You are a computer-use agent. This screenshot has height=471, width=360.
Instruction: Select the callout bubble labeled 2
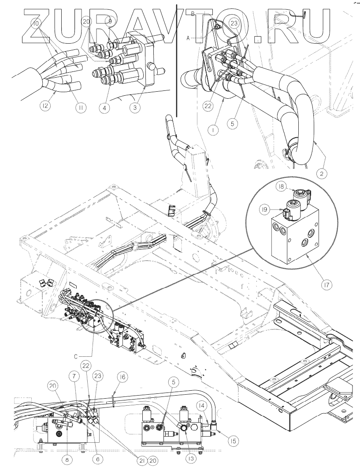pyautogui.click(x=323, y=174)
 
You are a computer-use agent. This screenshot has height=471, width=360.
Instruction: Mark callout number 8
pyautogui.click(x=67, y=459)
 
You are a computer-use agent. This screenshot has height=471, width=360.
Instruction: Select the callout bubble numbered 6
pyautogui.click(x=97, y=459)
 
